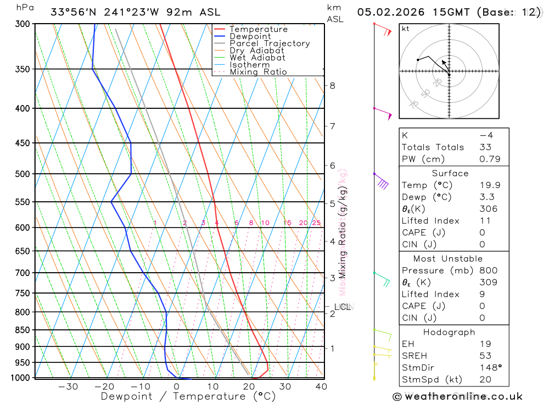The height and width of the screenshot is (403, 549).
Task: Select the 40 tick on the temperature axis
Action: [x=321, y=387]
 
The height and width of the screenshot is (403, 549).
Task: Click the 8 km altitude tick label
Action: [x=332, y=85]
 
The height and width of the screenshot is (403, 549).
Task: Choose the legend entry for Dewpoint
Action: [x=250, y=36]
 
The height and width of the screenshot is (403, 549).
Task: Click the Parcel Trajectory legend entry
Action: [x=270, y=43]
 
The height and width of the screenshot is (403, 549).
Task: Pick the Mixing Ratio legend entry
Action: [x=258, y=72]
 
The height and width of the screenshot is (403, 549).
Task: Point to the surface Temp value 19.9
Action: [x=490, y=185]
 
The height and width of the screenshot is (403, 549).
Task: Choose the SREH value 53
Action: [x=485, y=356]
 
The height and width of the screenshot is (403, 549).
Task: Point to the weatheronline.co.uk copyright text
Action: [x=457, y=396]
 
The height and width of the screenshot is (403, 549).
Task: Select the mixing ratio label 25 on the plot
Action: [x=316, y=223]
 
